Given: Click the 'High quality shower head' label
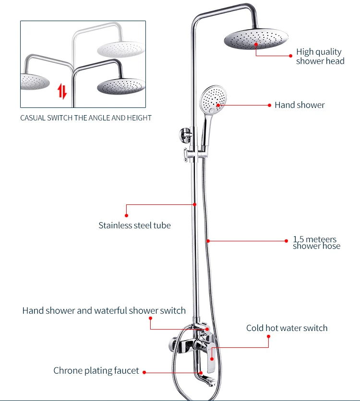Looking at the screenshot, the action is pos(320,56).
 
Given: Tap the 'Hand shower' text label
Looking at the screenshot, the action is pos(300,105).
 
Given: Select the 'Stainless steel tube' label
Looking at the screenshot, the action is pos(134,225).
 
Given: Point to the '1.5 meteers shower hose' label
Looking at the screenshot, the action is pos(316,242).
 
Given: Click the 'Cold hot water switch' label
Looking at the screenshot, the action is pos(287,328).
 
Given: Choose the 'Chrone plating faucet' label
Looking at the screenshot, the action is pos(96,371).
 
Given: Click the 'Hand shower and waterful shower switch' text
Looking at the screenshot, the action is pos(104,310).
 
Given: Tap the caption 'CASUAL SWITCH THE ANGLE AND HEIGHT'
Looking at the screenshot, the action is pos(86,118).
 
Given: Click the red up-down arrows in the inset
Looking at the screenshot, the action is pos(62,91).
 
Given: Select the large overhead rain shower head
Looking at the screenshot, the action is pos(256,39).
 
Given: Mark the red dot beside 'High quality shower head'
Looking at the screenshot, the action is pos(291,56).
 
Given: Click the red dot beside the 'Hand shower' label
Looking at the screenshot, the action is pos(269,105).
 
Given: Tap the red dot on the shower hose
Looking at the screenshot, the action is pos(208,241).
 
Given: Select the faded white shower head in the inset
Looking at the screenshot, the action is pos(121,49).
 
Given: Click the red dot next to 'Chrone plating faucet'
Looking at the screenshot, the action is pos(144,372).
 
